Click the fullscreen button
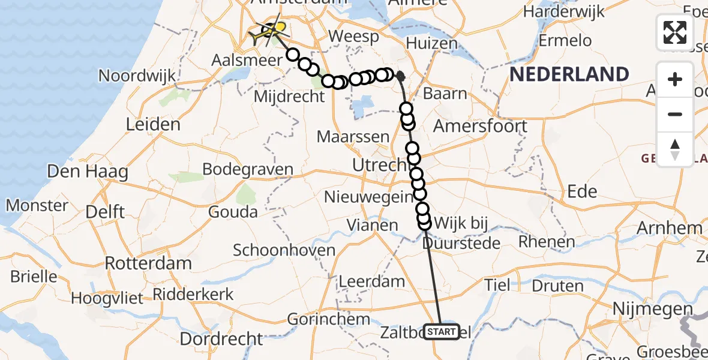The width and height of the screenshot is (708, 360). pos(675,32)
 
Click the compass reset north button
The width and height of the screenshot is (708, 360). pos(675,148)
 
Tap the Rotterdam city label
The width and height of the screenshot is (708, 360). pos(148,263)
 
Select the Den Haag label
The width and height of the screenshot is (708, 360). pos(88,172)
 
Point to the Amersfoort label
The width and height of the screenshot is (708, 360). pos(480,126)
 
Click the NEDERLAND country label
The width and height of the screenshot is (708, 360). pos(569,74)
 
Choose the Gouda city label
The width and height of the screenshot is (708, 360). pos(233,211)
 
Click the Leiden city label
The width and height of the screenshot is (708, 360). pos(153,125)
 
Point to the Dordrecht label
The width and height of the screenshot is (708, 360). pos(221,339)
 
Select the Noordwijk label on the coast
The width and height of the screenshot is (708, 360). pos(137,76)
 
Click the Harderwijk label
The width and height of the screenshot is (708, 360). pos(566,13)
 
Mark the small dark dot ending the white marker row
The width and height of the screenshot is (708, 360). pos(400,76)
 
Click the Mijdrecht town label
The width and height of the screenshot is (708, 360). pos(290,96)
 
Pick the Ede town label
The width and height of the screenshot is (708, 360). pos(582,191)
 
